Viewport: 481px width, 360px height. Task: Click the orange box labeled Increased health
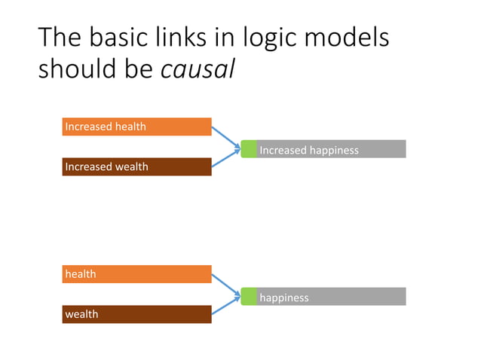[x=136, y=127]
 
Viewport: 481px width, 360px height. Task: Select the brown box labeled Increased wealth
[x=136, y=166]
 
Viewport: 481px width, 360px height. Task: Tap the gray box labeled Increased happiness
[x=331, y=149]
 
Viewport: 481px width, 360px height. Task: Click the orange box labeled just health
[x=136, y=274]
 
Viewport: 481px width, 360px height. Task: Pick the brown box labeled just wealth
[x=136, y=314]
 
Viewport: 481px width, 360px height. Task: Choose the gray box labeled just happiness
[x=331, y=297]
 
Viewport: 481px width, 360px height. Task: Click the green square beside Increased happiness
[x=249, y=149]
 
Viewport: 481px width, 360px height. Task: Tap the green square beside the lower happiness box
[x=249, y=297]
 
